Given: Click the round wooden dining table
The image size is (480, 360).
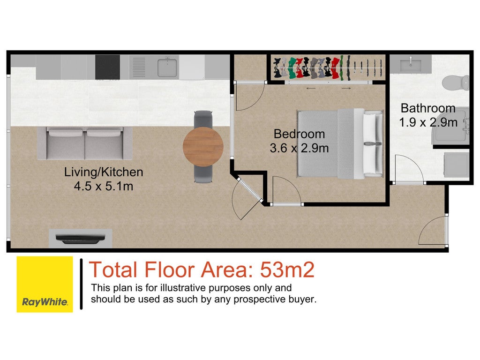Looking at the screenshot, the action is click(x=203, y=147).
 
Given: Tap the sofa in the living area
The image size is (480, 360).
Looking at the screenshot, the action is click(x=85, y=143).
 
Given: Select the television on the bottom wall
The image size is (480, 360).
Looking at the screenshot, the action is click(x=80, y=239).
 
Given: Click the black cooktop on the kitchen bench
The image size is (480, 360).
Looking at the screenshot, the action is click(x=107, y=67).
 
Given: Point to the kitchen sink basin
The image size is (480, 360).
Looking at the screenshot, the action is click(x=167, y=67).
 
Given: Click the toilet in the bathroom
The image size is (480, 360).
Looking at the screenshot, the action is click(x=456, y=83).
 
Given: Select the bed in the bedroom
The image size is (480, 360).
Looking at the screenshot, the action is click(x=340, y=143).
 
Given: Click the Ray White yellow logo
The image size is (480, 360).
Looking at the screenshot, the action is click(x=45, y=285).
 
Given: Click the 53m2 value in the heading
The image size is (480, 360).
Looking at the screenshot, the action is click(x=287, y=270).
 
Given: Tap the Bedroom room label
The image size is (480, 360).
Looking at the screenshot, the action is click(x=299, y=134).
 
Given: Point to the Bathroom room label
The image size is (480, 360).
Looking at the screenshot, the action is click(x=428, y=108).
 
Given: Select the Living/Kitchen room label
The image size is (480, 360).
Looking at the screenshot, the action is click(x=104, y=172).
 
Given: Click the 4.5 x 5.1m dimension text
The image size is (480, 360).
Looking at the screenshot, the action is click(x=104, y=186).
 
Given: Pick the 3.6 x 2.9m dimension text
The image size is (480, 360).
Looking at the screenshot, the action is click(x=299, y=148).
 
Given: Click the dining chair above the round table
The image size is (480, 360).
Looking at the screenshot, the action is click(x=203, y=119).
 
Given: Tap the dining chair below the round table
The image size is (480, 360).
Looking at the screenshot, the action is click(x=203, y=174).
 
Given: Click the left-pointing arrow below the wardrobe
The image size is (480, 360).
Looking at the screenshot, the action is click(x=311, y=89).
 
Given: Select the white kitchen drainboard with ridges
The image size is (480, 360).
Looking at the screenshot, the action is click(x=139, y=67).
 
